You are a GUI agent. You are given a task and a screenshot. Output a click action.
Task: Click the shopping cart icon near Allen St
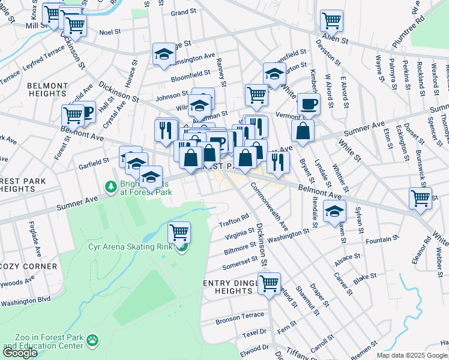[x=331, y=21]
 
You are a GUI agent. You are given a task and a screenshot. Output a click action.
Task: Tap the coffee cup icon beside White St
[x=309, y=103]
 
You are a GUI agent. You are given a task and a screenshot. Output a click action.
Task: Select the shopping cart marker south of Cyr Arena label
[x=179, y=232]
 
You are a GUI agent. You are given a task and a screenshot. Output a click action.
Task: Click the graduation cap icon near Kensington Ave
[x=163, y=54]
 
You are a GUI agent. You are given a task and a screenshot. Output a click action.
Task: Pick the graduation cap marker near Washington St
[x=334, y=211]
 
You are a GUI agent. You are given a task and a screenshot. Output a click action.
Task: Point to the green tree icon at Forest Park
[x=110, y=188]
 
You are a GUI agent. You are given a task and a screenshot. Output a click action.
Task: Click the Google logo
[x=20, y=353]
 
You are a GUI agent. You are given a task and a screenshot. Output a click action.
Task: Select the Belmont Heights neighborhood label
[x=47, y=89]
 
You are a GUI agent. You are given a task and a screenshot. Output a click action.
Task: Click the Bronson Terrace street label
[x=240, y=315]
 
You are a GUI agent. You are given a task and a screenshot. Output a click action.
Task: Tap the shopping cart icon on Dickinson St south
[x=269, y=283]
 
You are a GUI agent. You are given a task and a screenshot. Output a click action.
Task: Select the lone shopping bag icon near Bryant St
[x=303, y=131]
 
